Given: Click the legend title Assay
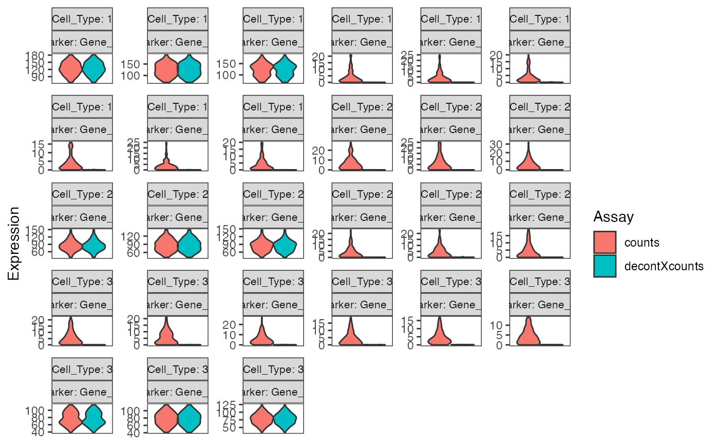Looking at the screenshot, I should point(613,217).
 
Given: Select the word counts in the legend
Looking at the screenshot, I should point(642,243).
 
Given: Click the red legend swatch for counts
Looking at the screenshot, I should point(604,243).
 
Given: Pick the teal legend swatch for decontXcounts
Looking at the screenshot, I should point(604,266).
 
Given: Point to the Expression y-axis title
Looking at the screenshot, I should point(14,243).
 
